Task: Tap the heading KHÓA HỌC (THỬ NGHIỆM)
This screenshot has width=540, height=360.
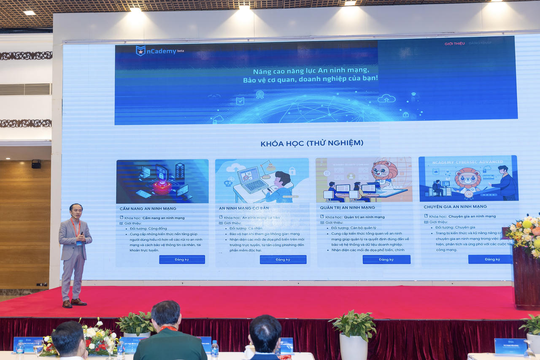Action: (x=312, y=143)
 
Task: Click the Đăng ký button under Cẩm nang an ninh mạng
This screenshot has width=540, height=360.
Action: (x=182, y=260)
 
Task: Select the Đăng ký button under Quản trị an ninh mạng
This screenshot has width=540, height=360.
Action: (x=386, y=260)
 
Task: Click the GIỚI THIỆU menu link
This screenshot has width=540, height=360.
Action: (x=454, y=43)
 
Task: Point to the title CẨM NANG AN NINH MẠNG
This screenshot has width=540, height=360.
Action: (x=148, y=208)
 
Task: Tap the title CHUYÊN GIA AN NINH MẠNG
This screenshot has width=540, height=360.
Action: (x=455, y=207)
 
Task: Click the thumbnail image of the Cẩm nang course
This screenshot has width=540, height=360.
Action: (x=162, y=181)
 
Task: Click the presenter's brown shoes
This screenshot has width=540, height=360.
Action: (x=74, y=303)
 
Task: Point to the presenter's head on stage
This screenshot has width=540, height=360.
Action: (x=76, y=211)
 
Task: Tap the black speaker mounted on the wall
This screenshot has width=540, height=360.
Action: (x=36, y=164)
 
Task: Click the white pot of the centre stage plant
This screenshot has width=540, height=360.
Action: (x=354, y=346)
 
